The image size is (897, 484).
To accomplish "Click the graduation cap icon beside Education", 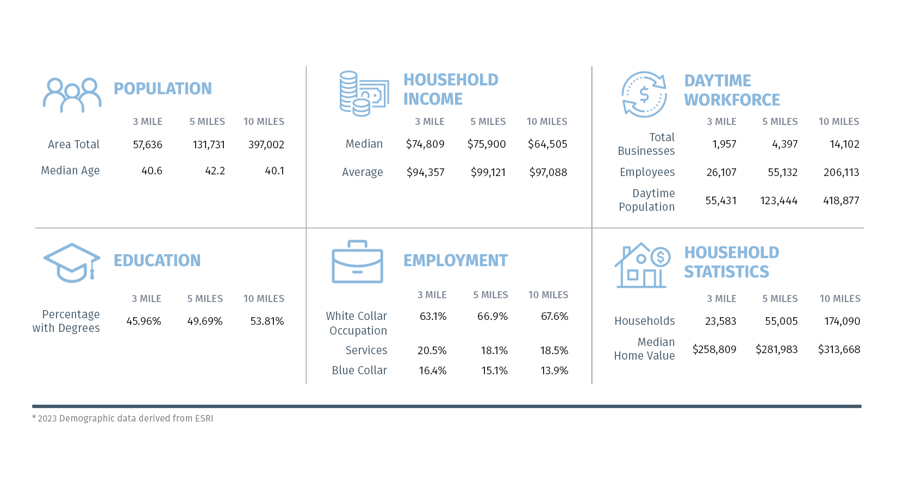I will pos(72,263).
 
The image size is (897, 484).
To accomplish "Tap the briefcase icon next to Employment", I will pos(357,262).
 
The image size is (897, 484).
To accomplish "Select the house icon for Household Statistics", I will pos(642,266).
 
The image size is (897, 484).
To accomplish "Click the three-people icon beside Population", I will pos(72,95).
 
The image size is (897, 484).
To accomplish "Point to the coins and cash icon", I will pos(364,93).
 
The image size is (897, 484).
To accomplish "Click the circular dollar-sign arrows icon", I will pos(644,95).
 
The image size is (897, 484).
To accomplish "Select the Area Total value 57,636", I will pos(147,144).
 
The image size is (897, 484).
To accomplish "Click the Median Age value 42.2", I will pos(215,171).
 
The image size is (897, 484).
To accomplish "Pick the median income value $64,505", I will pos(547,144).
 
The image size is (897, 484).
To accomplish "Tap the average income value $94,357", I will pos(425,172).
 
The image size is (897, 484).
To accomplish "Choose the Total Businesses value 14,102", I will pos(844,144).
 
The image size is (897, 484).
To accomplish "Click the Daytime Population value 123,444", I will pos(778,200).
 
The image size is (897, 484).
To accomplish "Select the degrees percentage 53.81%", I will pos(267,321).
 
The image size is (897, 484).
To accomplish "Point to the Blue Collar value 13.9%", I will pos(554,370).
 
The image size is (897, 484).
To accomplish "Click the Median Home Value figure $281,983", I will pos(776,349).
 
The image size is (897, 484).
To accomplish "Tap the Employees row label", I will pos(647,172).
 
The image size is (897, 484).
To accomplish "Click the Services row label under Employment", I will pos(366,350).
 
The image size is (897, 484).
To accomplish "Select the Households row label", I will pos(644,321).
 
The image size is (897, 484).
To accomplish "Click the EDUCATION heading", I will pos(157,261).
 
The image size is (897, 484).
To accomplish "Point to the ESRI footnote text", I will pos(123,418).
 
